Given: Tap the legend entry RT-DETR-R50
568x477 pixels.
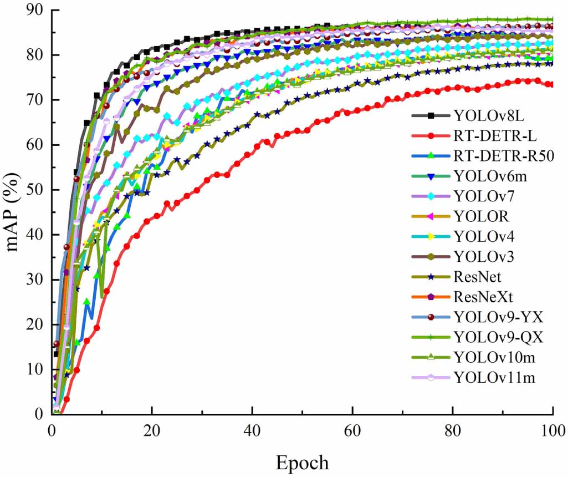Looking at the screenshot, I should [x=503, y=156].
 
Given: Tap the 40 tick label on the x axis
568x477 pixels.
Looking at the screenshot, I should [x=252, y=430].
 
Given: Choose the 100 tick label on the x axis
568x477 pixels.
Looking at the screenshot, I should [x=552, y=430].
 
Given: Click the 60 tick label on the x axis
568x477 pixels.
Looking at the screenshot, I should [x=352, y=430].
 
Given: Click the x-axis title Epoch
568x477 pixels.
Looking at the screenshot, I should [x=303, y=462].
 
